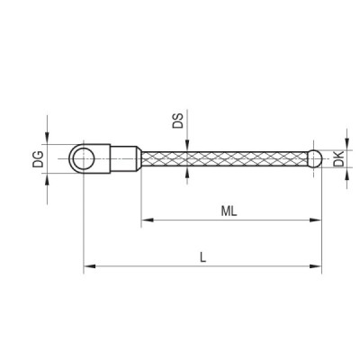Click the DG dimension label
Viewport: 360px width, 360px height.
tap(38, 159)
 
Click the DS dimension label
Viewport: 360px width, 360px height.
tap(177, 121)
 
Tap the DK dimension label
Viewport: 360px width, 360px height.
tap(339, 159)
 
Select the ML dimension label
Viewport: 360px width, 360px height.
tap(229, 211)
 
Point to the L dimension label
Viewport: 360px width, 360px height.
tap(203, 257)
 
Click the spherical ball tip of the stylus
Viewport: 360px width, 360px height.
tap(315, 158)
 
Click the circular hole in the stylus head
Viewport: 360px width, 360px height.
tap(84, 158)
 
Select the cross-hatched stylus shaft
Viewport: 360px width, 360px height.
tap(225, 158)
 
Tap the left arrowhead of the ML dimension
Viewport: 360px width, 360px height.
tap(148, 220)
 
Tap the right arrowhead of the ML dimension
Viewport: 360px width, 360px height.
tap(315, 220)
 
